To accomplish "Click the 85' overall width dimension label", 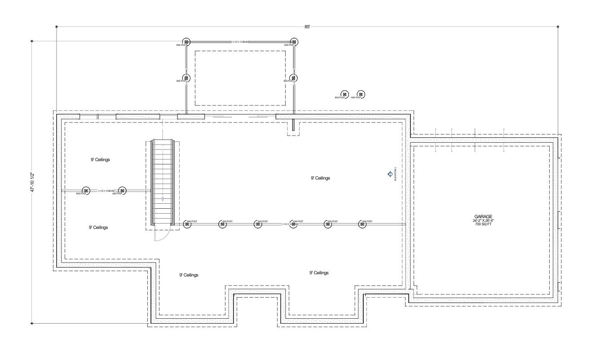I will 307,27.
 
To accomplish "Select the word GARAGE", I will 483,216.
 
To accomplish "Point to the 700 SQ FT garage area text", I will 483,224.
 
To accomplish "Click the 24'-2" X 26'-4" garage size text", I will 483,220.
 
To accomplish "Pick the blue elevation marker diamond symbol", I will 390,174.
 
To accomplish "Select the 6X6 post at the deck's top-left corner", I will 186,42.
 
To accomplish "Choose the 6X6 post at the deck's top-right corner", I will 294,42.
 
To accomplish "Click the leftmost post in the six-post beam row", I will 187,224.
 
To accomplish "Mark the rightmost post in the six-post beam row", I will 362,224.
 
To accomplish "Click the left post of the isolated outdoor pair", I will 344,94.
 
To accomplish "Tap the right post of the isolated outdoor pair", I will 361,94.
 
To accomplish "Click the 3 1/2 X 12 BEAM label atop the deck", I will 240,42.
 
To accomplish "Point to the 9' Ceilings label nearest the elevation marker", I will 320,178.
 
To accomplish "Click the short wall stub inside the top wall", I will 293,125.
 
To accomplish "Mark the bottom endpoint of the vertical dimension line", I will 31,323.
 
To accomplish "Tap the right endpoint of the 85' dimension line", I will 558,27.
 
